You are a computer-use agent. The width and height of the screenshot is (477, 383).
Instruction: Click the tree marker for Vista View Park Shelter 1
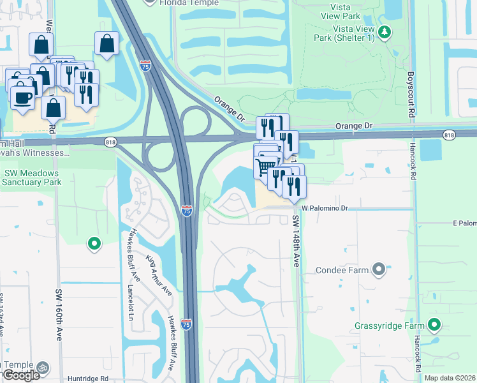tap(384, 32)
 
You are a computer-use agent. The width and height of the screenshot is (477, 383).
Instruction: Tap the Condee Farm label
tap(342, 270)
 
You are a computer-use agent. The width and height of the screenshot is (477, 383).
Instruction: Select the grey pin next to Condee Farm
tap(379, 269)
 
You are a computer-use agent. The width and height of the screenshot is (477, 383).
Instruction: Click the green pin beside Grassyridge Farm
tap(434, 326)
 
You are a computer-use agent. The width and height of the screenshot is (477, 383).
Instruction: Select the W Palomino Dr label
tap(325, 208)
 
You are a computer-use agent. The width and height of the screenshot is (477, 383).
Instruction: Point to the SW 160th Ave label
tap(59, 315)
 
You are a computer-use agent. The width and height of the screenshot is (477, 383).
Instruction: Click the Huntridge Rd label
tap(86, 379)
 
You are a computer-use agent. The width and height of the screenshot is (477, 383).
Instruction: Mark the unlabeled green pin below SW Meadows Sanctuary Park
tap(94, 243)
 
